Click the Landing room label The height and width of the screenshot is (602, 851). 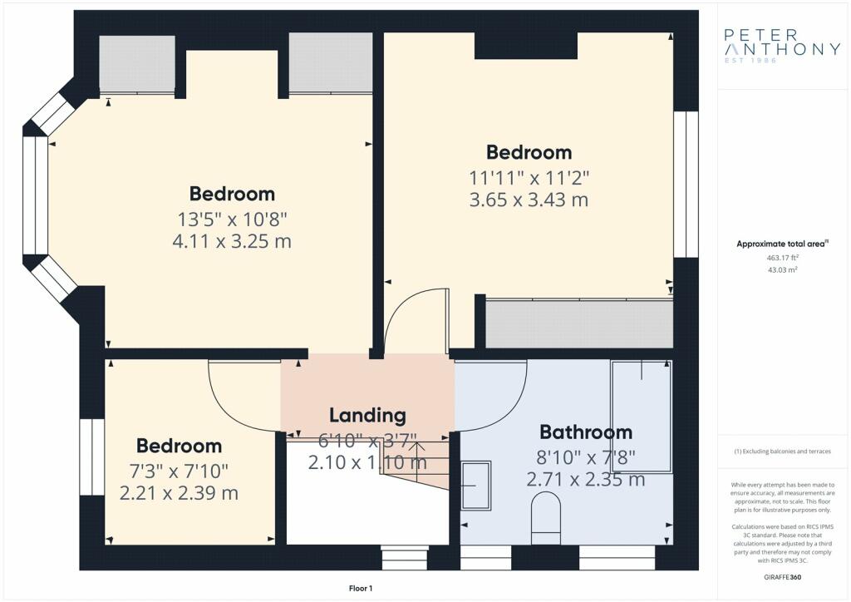point(367,415)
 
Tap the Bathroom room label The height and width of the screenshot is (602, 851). point(586,432)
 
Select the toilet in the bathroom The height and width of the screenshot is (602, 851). point(545,518)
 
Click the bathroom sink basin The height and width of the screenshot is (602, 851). point(476,486)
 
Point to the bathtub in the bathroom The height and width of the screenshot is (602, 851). point(642,416)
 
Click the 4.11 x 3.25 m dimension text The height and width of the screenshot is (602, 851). point(232,241)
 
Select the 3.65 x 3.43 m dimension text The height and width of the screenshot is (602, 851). point(529,200)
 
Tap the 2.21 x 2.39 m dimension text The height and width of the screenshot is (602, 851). point(179,493)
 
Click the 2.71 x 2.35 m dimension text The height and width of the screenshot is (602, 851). point(586,479)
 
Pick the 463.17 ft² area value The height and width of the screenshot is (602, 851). point(782,258)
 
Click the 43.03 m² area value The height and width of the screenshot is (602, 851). point(782,269)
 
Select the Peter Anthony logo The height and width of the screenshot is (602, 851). point(782,46)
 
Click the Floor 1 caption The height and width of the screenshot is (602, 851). point(361,589)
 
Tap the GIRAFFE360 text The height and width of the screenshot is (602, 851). point(782,577)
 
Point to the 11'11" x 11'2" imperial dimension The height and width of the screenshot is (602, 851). point(529,177)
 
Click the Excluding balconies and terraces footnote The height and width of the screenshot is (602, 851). point(782,451)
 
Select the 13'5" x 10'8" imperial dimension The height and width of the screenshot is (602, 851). point(232,220)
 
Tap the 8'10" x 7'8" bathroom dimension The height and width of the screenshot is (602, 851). point(586,457)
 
